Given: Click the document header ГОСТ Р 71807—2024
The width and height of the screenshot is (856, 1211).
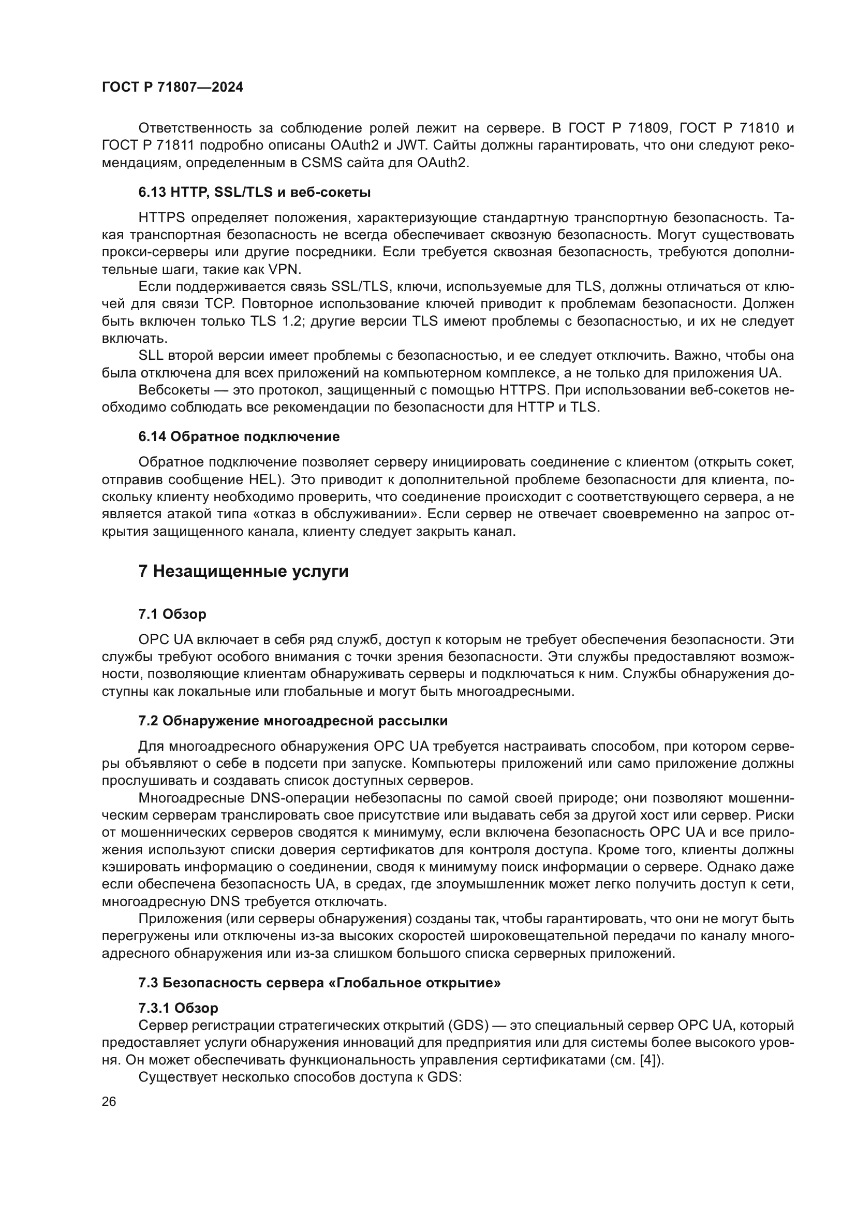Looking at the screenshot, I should coord(172,87).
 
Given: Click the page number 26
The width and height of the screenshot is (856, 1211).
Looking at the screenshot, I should coord(109,1102).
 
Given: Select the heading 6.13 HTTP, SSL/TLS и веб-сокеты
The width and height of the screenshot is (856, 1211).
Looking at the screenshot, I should coord(255,193).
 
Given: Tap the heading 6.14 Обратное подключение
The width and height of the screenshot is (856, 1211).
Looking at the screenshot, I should coord(239,437).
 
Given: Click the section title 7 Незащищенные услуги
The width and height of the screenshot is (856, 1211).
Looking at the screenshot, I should coord(243,572).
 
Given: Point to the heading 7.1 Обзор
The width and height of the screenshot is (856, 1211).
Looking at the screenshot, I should coord(172,614).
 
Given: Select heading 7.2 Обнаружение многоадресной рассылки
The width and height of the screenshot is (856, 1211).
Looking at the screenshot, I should coord(293,721).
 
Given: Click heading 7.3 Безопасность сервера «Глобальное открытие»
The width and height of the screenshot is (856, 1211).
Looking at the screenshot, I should coord(319,983).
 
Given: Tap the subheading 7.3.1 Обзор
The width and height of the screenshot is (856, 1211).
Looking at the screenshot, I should coord(178,1008).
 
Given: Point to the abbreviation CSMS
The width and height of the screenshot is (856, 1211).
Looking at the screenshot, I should coord(318,163).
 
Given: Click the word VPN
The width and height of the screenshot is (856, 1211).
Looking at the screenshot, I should coord(284,270).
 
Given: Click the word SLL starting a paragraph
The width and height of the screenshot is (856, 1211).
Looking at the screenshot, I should coord(151,356).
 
